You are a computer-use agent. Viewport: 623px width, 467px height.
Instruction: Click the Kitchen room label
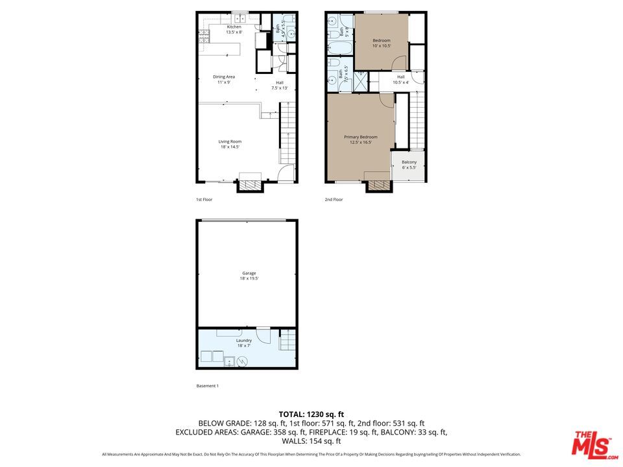234,29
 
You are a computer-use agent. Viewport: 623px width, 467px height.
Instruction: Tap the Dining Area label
224,79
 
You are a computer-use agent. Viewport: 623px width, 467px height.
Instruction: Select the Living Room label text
230,144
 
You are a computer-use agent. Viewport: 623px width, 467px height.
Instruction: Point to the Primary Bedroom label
360,139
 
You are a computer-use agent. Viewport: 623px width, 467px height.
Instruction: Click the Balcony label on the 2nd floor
409,165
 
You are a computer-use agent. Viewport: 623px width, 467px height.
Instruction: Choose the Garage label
249,276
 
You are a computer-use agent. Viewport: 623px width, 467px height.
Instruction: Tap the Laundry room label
244,342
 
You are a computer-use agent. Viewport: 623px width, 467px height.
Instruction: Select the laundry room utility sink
229,362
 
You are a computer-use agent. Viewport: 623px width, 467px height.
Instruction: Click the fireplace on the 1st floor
250,186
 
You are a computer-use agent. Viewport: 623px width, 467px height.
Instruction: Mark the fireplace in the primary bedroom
379,186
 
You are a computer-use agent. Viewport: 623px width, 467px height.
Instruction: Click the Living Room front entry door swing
285,174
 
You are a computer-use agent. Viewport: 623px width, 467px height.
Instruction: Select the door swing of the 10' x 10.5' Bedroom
400,64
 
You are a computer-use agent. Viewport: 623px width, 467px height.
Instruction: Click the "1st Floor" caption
204,200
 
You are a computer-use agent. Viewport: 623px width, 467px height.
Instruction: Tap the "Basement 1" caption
208,386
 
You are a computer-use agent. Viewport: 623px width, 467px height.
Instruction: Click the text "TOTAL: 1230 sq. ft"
311,414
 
